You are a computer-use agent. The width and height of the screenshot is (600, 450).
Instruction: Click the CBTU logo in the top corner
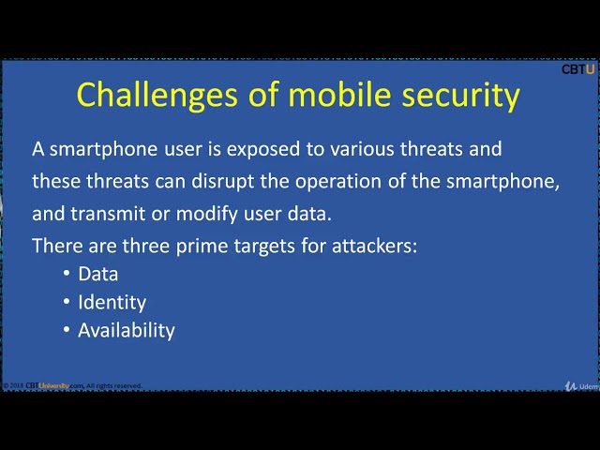[577, 68]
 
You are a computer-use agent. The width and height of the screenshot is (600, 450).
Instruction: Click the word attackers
[371, 246]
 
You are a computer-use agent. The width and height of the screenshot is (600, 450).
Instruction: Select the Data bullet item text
[97, 274]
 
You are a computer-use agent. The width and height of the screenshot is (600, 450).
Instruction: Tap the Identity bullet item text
[112, 302]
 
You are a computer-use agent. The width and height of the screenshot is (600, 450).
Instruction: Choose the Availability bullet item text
[126, 330]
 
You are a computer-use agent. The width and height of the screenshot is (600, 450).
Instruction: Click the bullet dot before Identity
[67, 302]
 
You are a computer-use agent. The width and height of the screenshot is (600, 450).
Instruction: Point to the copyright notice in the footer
[73, 385]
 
